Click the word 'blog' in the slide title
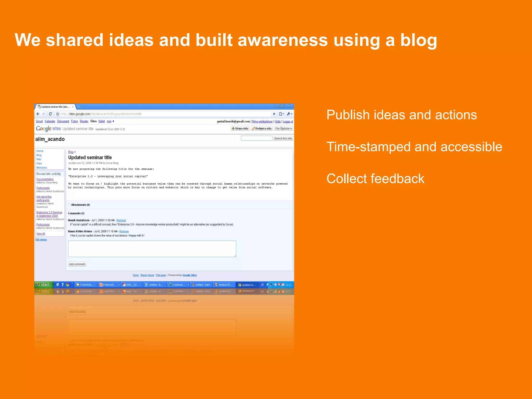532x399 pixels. click(418, 40)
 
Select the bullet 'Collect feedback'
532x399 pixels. click(375, 179)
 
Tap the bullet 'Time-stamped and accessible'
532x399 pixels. click(414, 147)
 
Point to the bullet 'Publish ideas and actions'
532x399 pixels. click(401, 115)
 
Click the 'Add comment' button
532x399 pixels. click(77, 264)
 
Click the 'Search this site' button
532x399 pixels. click(283, 138)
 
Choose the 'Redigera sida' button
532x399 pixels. click(262, 129)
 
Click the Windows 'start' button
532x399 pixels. click(43, 285)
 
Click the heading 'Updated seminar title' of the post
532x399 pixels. click(90, 157)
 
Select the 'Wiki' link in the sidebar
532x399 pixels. click(39, 159)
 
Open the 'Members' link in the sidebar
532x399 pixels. click(42, 168)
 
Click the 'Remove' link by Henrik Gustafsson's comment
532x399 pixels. click(121, 220)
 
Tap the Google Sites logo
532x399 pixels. click(48, 129)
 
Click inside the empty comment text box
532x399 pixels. click(152, 249)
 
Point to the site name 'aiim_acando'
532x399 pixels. click(50, 139)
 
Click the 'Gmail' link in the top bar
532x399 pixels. click(39, 121)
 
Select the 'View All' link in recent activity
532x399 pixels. click(41, 234)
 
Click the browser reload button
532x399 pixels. click(50, 114)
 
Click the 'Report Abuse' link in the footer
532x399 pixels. click(147, 275)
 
